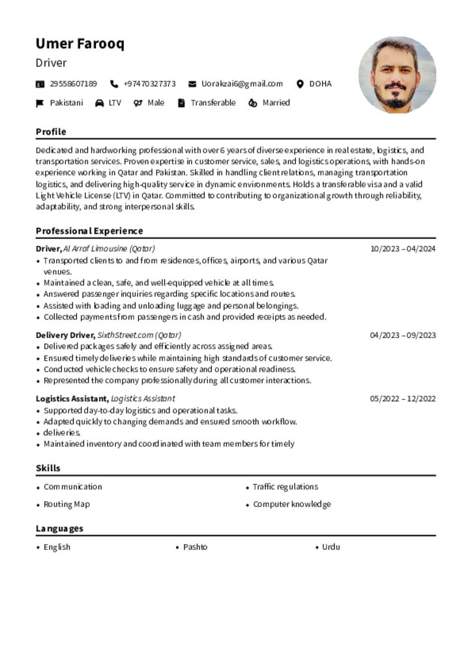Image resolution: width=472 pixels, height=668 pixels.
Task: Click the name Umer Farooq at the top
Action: click(x=80, y=44)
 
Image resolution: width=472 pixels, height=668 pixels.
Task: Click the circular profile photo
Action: click(x=397, y=75)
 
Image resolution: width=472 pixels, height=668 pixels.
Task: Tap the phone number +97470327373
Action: click(x=149, y=83)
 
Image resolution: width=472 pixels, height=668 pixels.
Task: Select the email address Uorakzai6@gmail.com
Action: click(x=242, y=83)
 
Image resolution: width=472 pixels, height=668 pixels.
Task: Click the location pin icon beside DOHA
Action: click(x=300, y=83)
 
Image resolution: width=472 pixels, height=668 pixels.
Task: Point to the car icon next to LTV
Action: click(x=99, y=103)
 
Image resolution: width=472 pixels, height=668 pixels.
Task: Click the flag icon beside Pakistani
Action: click(x=40, y=103)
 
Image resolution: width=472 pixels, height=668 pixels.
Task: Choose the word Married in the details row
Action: click(x=276, y=102)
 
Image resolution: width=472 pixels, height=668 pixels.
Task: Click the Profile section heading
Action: click(x=51, y=132)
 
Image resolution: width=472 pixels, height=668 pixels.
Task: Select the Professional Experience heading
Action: click(x=89, y=231)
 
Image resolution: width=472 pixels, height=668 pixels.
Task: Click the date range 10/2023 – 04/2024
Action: click(x=402, y=249)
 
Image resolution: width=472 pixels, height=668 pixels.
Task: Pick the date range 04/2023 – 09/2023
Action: click(x=402, y=335)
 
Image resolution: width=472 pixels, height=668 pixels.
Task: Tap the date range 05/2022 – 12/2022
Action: click(x=402, y=399)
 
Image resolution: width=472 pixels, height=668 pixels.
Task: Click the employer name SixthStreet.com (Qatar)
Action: click(x=139, y=335)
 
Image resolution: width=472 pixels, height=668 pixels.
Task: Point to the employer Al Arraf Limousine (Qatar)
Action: click(x=109, y=249)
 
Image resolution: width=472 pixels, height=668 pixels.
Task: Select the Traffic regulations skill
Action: click(x=285, y=487)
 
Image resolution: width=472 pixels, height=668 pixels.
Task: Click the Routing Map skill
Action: click(x=66, y=504)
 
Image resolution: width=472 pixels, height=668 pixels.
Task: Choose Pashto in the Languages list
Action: click(x=195, y=547)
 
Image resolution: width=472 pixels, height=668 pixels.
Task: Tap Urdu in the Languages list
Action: click(x=331, y=547)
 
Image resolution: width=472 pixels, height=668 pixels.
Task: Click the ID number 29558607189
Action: click(x=73, y=83)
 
